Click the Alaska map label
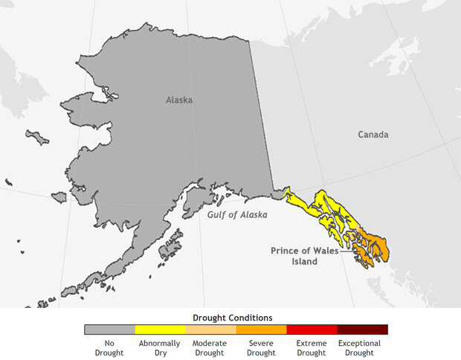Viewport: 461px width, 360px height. (x=178, y=100)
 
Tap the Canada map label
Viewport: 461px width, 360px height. (x=373, y=135)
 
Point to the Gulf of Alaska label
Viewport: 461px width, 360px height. (x=237, y=214)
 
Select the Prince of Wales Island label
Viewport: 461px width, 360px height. (x=304, y=256)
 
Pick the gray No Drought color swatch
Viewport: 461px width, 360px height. (x=109, y=330)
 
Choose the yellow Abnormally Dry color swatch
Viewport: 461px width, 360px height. (x=160, y=330)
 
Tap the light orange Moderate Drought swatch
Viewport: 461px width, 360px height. (x=210, y=330)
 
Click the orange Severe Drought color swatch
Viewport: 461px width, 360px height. (x=261, y=330)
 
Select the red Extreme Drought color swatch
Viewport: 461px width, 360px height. (x=312, y=330)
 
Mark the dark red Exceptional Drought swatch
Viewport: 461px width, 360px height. (x=362, y=330)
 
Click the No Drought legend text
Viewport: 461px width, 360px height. (x=109, y=347)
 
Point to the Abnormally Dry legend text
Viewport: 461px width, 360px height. (x=160, y=347)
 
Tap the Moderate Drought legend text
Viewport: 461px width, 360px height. (x=210, y=347)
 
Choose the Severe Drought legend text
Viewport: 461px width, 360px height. (x=261, y=347)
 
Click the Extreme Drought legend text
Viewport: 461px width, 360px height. (x=312, y=347)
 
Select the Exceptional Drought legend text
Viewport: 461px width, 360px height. (x=362, y=347)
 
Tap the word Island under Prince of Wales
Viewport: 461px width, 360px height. (x=304, y=262)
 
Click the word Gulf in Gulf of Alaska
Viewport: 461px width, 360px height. (x=218, y=214)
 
